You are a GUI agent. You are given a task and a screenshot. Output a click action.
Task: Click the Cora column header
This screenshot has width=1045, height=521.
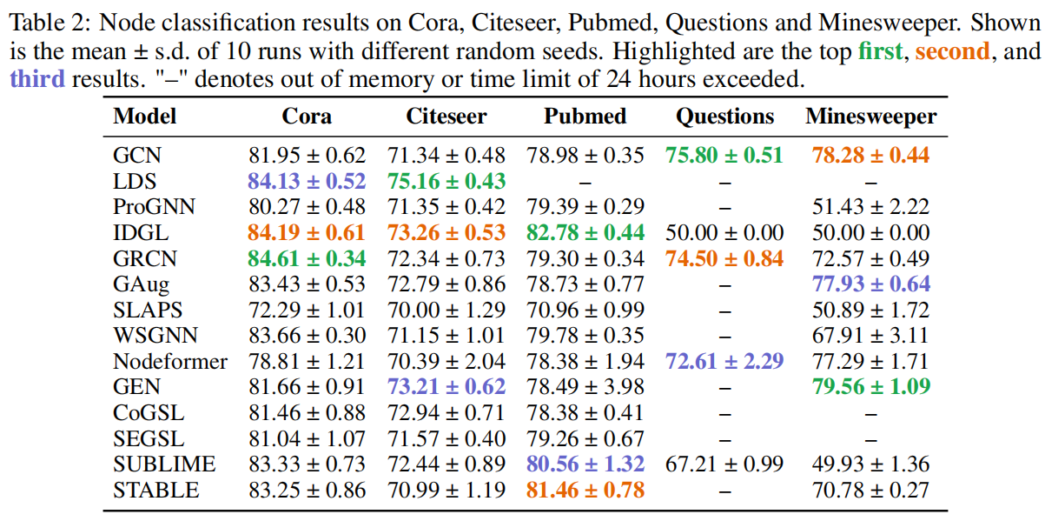[307, 116]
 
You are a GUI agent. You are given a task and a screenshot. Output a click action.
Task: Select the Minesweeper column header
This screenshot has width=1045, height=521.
[871, 116]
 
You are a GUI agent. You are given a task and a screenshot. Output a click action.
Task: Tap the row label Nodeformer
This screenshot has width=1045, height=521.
[170, 361]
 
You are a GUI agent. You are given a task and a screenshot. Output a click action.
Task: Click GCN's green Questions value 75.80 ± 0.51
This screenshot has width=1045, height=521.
[724, 156]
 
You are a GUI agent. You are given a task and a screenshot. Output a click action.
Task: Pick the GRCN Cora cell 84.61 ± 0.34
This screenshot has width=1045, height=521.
[307, 258]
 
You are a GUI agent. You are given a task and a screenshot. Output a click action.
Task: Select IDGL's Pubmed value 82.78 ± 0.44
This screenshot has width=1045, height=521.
[585, 233]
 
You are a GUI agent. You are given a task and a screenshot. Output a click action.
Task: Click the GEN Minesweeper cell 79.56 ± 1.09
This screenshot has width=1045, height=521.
[871, 387]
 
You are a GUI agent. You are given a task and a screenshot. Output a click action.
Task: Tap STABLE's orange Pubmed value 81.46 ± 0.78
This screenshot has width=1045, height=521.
[585, 491]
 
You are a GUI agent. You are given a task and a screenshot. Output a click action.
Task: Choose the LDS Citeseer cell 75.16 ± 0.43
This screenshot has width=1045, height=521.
[446, 182]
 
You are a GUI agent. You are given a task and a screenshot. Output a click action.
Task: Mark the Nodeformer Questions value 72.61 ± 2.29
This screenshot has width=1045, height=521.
[724, 361]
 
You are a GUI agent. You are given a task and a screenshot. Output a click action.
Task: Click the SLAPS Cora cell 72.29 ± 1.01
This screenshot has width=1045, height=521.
[307, 310]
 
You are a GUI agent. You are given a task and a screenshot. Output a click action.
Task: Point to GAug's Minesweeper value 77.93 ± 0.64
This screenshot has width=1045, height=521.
[871, 284]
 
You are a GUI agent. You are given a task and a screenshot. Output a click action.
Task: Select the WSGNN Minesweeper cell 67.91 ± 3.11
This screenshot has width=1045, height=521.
[871, 336]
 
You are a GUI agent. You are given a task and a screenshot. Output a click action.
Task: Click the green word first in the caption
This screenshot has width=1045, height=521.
[880, 51]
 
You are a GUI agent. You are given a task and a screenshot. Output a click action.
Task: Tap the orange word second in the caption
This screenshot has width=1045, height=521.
[952, 51]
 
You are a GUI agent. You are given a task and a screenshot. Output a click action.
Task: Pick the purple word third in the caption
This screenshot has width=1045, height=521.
[36, 79]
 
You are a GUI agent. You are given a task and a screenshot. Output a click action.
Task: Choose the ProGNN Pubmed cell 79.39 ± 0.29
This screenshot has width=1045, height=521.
[585, 207]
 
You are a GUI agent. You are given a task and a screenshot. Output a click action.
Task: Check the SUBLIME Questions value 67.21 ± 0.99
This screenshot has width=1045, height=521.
[724, 464]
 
